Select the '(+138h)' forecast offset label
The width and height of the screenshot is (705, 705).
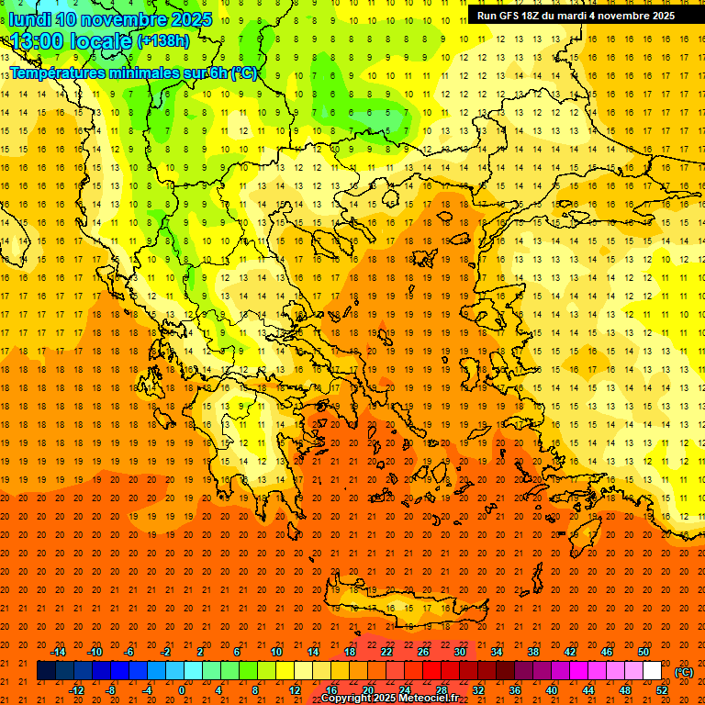pyautogui.click(x=162, y=41)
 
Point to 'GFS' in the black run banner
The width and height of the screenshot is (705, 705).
pyautogui.click(x=516, y=16)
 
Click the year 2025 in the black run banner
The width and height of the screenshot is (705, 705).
pyautogui.click(x=657, y=16)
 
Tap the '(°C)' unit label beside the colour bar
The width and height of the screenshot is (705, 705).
pyautogui.click(x=683, y=672)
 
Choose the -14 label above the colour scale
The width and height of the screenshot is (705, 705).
pyautogui.click(x=57, y=652)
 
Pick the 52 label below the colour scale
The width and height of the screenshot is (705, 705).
pyautogui.click(x=662, y=690)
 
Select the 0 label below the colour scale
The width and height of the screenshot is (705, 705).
pyautogui.click(x=182, y=690)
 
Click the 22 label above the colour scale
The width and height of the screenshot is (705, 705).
pyautogui.click(x=386, y=652)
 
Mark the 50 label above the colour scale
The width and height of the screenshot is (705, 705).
pyautogui.click(x=643, y=652)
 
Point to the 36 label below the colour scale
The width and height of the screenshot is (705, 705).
pyautogui.click(x=515, y=690)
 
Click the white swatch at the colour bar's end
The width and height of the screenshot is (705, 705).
pyautogui.click(x=653, y=671)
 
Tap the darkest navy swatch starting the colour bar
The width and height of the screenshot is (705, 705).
pyautogui.click(x=47, y=671)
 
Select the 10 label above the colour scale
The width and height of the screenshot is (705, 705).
pyautogui.click(x=275, y=652)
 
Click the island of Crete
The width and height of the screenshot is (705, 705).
pyautogui.click(x=404, y=608)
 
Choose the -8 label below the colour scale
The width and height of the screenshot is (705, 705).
pyautogui.click(x=110, y=690)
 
